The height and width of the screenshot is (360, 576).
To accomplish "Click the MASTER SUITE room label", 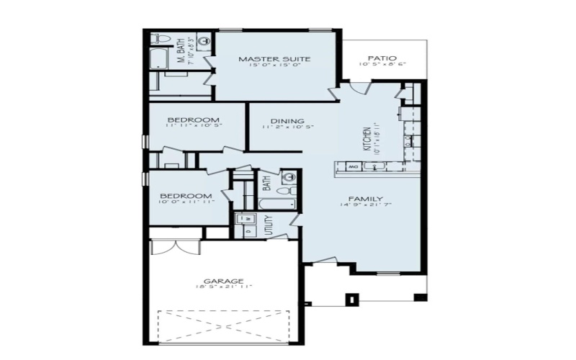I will tap(274, 59).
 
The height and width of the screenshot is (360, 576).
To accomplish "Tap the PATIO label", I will tap(382, 58).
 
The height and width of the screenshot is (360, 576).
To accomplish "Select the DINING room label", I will tap(287, 121).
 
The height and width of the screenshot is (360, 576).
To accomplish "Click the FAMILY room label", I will tap(366, 199).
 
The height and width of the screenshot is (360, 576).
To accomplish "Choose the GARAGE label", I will tap(223, 281).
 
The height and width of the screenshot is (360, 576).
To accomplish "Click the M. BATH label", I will tap(181, 50).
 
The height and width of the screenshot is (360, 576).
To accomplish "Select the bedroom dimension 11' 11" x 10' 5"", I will tap(194, 126).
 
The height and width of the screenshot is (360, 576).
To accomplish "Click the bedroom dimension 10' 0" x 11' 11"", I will tap(186, 203).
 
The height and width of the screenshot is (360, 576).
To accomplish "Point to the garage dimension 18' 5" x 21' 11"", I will tap(223, 287).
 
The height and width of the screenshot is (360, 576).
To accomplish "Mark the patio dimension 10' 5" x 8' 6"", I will tap(382, 64).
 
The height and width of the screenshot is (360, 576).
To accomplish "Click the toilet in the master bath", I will tap(160, 39).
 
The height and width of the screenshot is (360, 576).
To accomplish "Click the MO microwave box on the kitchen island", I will tap(354, 167).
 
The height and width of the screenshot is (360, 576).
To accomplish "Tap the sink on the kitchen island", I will tap(374, 167).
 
